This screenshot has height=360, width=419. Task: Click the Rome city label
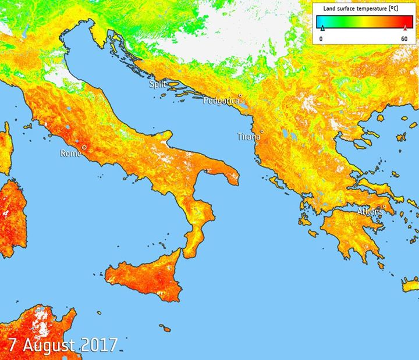point(70,154)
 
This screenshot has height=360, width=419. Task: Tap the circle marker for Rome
point(84,148)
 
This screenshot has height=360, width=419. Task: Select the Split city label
point(157,84)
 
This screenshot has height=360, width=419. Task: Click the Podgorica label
point(221,101)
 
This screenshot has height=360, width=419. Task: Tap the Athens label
point(370,211)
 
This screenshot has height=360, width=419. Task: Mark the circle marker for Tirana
point(262,132)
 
